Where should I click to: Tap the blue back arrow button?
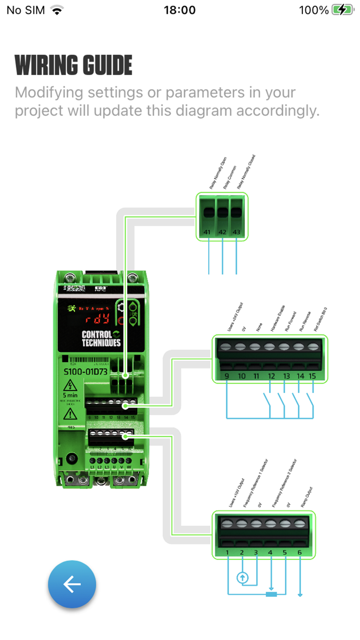point(72,584)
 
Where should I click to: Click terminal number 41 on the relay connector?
point(207,233)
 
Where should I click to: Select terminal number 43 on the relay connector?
point(237,233)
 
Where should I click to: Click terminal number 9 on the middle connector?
point(227,376)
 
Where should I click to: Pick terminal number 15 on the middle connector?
point(312,376)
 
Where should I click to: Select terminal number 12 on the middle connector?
point(271,376)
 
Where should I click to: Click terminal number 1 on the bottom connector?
point(227,553)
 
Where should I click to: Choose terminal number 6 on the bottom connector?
point(300,553)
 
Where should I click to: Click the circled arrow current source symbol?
point(242,578)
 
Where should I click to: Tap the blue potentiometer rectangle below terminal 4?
point(271,595)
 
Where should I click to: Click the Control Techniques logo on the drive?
point(101,338)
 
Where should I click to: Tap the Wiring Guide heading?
point(74,65)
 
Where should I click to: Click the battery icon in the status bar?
point(342,10)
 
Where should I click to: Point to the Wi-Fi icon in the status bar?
point(57,10)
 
